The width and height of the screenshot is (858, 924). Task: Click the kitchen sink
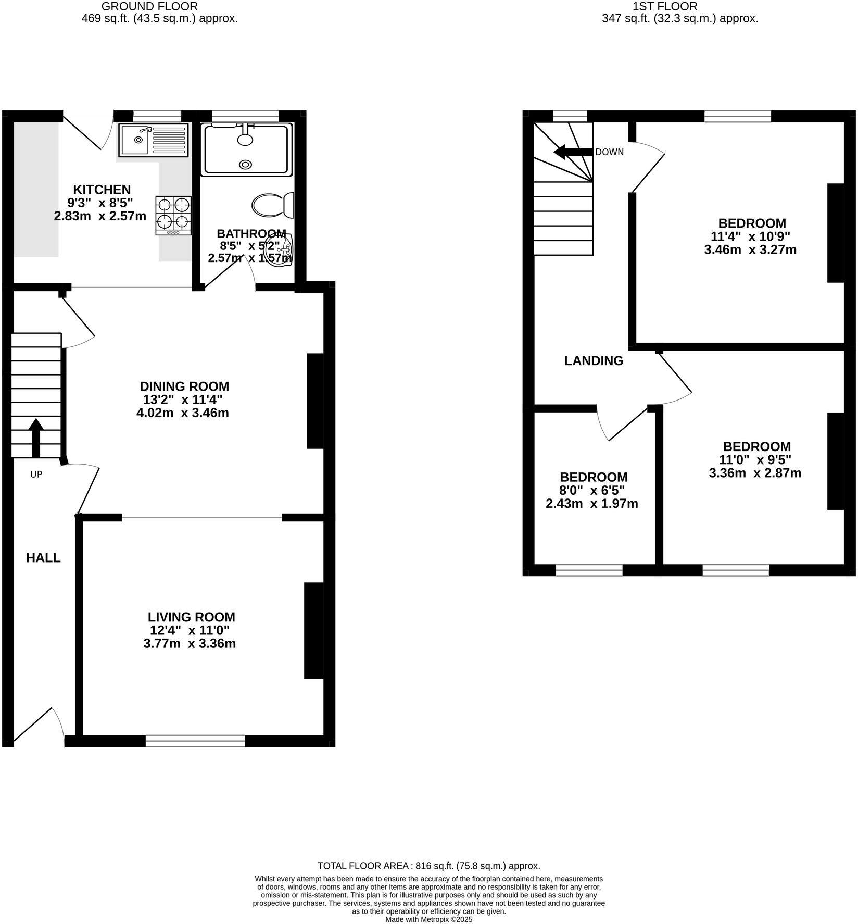pyautogui.click(x=153, y=140)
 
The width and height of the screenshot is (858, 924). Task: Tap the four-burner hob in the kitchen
pyautogui.click(x=173, y=216)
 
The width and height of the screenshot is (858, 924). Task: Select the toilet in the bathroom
pyautogui.click(x=273, y=205)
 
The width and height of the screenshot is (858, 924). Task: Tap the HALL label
pyautogui.click(x=43, y=558)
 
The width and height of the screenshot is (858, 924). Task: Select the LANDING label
pyautogui.click(x=594, y=360)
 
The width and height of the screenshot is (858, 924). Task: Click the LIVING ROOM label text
pyautogui.click(x=191, y=617)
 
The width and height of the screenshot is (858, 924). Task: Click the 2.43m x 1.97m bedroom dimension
pyautogui.click(x=591, y=504)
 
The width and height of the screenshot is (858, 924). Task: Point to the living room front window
pyautogui.click(x=195, y=741)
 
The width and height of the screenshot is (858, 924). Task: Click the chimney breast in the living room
pyautogui.click(x=313, y=630)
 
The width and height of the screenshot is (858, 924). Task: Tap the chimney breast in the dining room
pyautogui.click(x=316, y=401)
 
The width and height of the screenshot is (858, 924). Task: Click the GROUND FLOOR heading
pyautogui.click(x=149, y=6)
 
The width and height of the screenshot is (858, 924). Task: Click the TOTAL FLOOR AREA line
pyautogui.click(x=428, y=866)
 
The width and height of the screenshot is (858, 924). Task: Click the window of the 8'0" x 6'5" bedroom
pyautogui.click(x=589, y=570)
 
